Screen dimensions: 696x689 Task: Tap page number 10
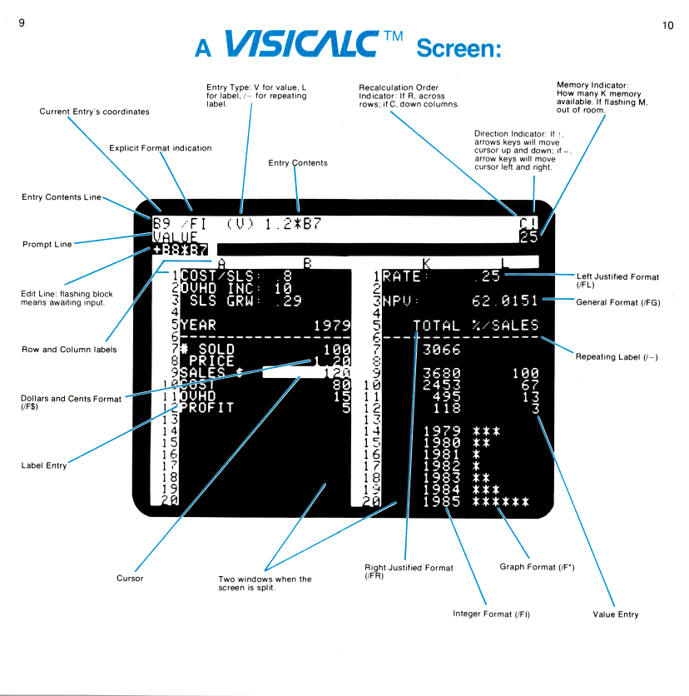[x=667, y=26]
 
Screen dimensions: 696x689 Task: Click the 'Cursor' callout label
[x=130, y=578]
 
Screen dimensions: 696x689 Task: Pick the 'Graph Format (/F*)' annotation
[x=529, y=567]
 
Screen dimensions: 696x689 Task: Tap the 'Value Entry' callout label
[x=616, y=614]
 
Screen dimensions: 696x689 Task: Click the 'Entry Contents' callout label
[x=297, y=163]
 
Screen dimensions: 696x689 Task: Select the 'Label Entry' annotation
[x=44, y=465]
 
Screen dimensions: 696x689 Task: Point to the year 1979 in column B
[x=332, y=325]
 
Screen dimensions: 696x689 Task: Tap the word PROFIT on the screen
[x=207, y=408]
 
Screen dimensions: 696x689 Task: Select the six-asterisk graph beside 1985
[x=500, y=502]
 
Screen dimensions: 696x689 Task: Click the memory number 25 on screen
[x=529, y=236]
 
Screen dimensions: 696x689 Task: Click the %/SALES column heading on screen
[x=505, y=325]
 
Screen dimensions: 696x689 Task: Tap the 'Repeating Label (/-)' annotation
[x=617, y=356]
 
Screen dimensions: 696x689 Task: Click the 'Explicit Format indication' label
[x=160, y=148]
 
